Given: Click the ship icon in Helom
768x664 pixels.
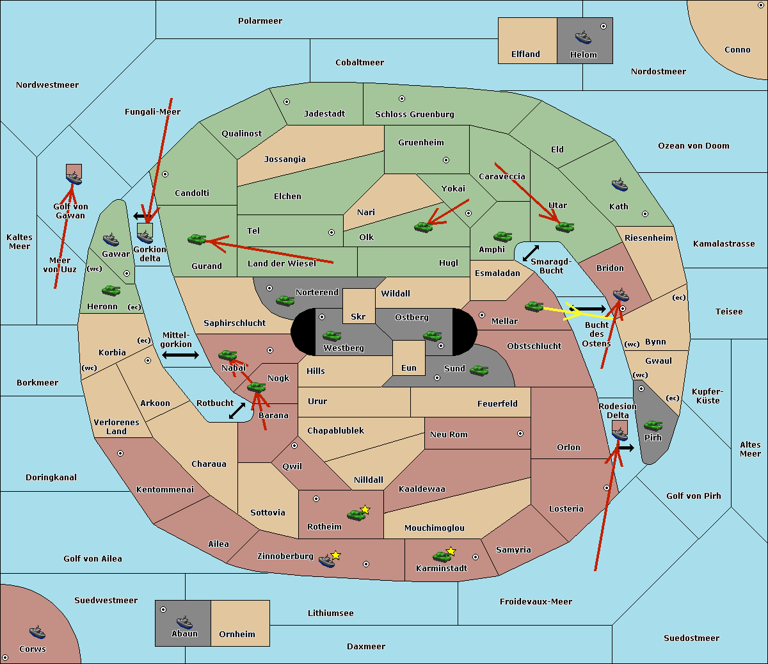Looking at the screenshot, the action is click(x=583, y=36).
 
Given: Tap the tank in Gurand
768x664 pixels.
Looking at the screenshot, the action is click(x=197, y=239).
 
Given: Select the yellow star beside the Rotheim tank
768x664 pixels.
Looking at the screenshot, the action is click(x=365, y=509).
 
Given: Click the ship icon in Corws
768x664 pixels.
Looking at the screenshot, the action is click(x=37, y=632).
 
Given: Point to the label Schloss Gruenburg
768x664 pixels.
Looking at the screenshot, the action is click(x=415, y=114).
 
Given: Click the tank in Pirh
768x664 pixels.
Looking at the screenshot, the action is click(x=653, y=425).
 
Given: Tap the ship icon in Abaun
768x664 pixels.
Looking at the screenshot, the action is click(x=184, y=622).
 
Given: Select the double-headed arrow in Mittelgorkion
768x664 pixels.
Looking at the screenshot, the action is click(x=180, y=355).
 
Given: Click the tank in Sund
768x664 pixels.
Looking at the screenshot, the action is click(x=479, y=370).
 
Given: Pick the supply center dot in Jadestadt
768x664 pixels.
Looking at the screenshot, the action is click(x=287, y=102).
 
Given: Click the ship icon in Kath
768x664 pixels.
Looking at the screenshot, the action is click(x=620, y=185).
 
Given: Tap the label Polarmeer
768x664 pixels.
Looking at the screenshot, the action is click(x=260, y=21).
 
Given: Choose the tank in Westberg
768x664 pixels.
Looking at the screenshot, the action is click(x=332, y=336).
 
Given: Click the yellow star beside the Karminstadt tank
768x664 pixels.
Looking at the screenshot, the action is click(x=451, y=551).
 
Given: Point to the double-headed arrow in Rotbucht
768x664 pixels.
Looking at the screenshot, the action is click(x=237, y=410).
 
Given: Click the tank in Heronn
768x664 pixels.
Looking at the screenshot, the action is click(x=111, y=290).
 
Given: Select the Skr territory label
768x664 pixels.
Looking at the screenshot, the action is click(x=358, y=316).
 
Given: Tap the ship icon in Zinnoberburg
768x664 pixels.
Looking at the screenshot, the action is click(x=327, y=560).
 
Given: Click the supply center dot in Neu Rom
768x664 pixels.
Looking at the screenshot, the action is click(x=520, y=433).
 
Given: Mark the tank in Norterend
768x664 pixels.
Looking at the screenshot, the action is click(x=285, y=300).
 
